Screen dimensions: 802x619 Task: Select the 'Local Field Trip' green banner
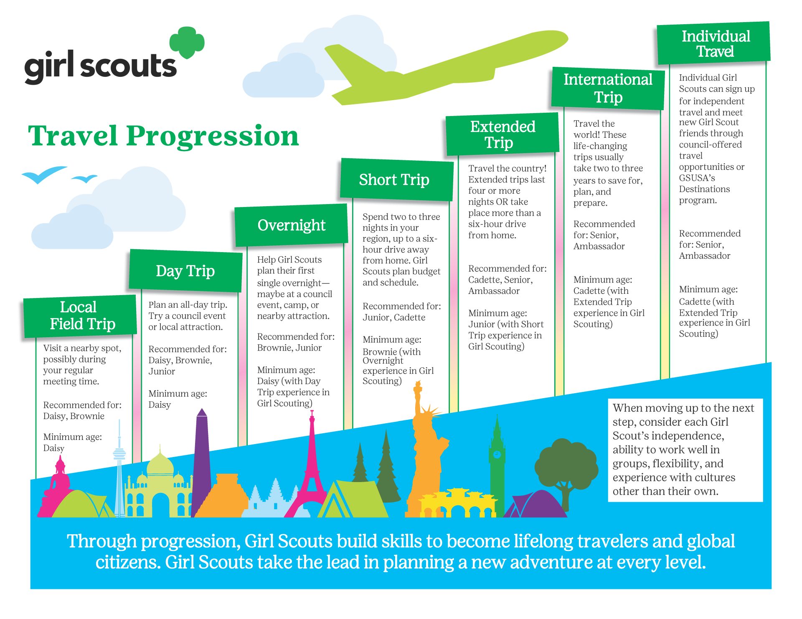click(x=80, y=316)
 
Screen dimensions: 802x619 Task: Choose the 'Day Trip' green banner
click(x=185, y=270)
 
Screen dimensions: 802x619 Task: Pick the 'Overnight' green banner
click(x=291, y=225)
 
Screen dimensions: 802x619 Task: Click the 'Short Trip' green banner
click(x=396, y=179)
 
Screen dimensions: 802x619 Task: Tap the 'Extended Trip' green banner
click(x=502, y=134)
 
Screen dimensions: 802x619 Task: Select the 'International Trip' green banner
click(x=608, y=88)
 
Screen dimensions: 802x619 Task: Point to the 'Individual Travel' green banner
click(x=713, y=43)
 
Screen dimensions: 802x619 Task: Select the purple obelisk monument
click(x=202, y=459)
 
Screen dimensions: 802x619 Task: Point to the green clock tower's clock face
click(x=497, y=454)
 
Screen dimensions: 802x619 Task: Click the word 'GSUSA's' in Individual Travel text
click(x=697, y=178)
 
